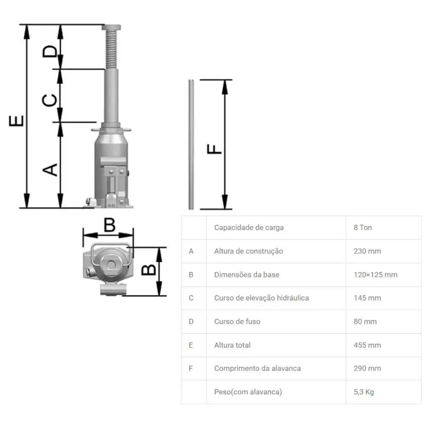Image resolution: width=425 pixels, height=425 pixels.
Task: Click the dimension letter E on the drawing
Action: tap(16, 121)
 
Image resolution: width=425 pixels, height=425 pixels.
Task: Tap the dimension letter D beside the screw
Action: tap(50, 51)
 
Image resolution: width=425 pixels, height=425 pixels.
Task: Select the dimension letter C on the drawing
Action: tap(49, 100)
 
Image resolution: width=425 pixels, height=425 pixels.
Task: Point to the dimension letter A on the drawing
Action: tap(50, 170)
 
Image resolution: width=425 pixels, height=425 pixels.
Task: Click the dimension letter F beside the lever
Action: tap(214, 149)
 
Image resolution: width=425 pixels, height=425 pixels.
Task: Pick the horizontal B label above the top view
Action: tap(110, 225)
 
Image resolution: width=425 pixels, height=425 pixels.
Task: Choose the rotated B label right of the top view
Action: tap(149, 269)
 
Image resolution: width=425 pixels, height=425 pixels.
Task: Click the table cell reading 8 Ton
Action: tap(363, 227)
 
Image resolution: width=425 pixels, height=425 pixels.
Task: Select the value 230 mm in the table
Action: tap(367, 251)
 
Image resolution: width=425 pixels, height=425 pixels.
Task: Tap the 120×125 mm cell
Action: tap(375, 275)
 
